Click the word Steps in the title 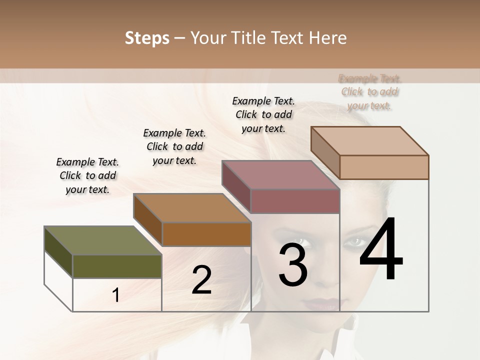147,38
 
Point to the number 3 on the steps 293,265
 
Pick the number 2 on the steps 201,280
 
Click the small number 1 116,295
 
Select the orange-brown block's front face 206,234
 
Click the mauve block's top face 280,175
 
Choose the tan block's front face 384,167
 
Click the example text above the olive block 87,175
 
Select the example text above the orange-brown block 174,146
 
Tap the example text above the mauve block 263,114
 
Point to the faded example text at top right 370,92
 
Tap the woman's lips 320,303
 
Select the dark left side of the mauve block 236,186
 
